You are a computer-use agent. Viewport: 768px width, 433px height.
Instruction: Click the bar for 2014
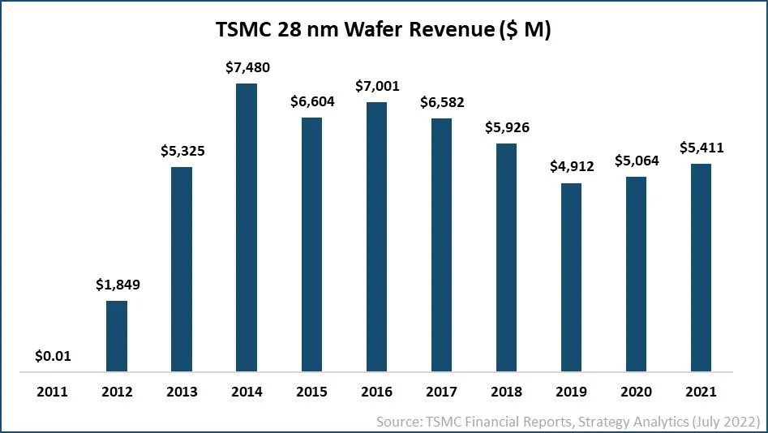[x=247, y=228]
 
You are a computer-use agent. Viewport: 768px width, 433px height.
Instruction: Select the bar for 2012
[x=117, y=337]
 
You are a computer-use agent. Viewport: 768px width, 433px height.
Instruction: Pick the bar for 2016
[x=376, y=238]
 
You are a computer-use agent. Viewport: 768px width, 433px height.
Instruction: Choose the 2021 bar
[x=701, y=268]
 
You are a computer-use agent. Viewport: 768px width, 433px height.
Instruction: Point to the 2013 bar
[x=182, y=270]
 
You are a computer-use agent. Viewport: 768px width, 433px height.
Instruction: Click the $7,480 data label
[x=247, y=67]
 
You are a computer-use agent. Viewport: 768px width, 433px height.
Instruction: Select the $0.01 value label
[x=52, y=355]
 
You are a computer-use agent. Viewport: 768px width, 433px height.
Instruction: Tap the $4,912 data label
[x=571, y=167]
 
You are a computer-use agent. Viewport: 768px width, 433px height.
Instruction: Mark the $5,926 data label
[x=506, y=127]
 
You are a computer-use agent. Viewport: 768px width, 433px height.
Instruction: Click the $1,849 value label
[x=117, y=285]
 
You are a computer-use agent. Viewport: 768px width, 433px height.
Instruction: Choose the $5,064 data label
[x=636, y=161]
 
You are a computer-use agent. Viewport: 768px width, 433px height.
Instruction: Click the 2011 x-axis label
[x=52, y=392]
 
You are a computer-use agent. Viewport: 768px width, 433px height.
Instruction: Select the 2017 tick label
[x=441, y=392]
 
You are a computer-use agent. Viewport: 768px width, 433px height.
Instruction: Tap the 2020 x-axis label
[x=636, y=392]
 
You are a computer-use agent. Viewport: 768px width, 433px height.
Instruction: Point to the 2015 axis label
[x=311, y=392]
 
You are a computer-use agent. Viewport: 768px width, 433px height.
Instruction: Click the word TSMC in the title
[x=242, y=30]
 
